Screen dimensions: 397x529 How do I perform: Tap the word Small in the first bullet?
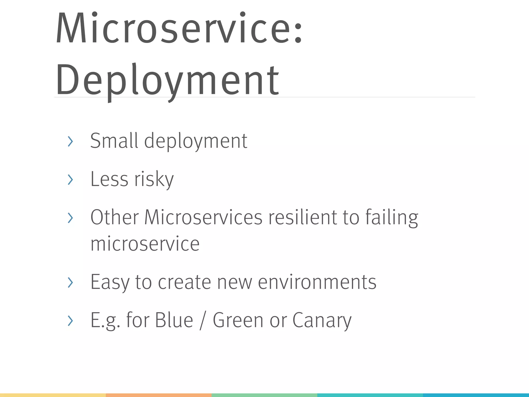point(114,141)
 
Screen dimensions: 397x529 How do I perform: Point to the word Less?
point(109,179)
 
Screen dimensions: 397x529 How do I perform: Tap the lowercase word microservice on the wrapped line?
point(145,243)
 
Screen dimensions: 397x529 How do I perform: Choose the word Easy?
point(110,282)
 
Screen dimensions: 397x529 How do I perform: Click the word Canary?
point(322,320)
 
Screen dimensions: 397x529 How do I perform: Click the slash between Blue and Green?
point(203,320)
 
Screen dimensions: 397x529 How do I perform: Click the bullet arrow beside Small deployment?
point(70,141)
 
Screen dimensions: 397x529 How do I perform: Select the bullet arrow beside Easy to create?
point(70,282)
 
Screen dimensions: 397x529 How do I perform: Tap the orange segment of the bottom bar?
point(159,395)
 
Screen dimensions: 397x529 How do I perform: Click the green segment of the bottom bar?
point(264,395)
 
